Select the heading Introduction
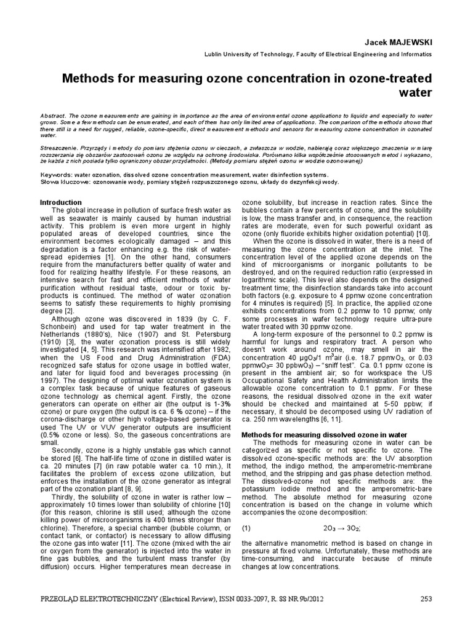(61, 202)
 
